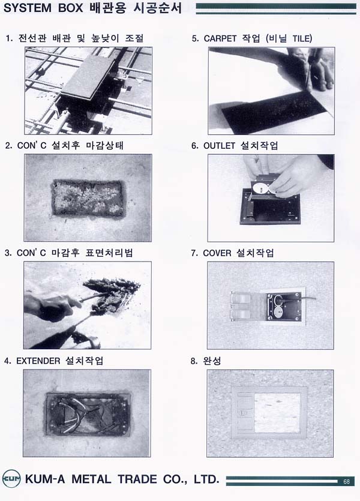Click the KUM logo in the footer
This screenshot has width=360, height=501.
click(11, 479)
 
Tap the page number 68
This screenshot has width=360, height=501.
click(347, 482)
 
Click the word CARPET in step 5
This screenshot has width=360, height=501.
click(220, 38)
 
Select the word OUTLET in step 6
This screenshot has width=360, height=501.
click(219, 146)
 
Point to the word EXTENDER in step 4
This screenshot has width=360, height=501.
click(38, 361)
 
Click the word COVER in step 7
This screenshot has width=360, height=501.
click(217, 253)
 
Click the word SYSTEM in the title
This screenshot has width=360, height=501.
click(28, 8)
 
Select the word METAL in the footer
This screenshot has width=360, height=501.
click(91, 479)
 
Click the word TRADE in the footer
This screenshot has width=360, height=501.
click(137, 479)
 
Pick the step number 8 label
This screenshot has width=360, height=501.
click(194, 361)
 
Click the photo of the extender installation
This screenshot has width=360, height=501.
click(86, 413)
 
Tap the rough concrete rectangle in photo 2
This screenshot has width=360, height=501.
click(88, 199)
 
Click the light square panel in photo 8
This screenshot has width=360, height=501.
click(277, 412)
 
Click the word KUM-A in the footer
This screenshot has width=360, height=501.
click(45, 479)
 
